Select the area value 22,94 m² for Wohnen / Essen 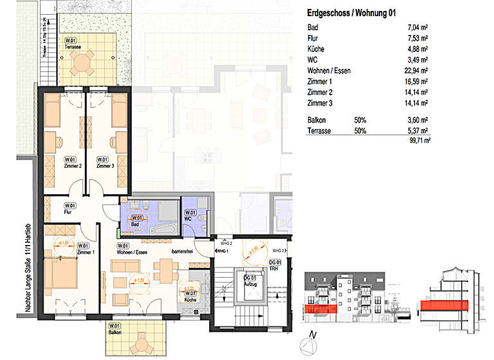416,71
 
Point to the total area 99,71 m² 417,139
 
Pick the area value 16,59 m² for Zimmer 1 416,82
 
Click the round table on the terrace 83,63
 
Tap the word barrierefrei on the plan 183,252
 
